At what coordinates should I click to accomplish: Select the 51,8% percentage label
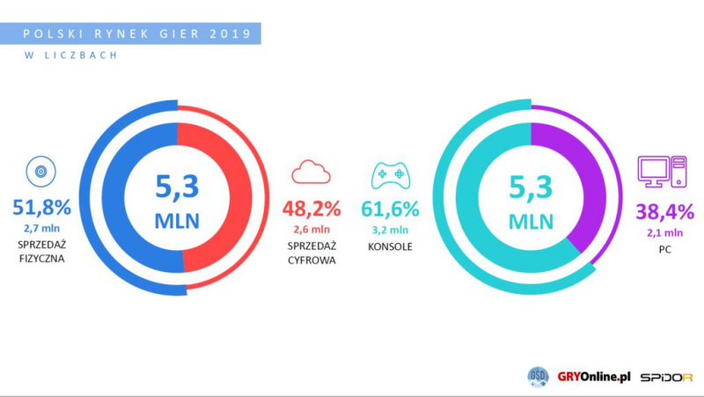(x=42, y=209)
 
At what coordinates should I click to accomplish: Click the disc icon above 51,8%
(x=40, y=172)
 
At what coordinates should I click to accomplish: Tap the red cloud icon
(x=310, y=172)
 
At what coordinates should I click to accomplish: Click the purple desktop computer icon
(x=662, y=173)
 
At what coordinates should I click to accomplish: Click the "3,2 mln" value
(x=390, y=230)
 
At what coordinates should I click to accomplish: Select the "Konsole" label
(x=390, y=246)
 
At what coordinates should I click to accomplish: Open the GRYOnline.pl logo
(x=593, y=376)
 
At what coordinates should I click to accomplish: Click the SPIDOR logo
(x=667, y=376)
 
